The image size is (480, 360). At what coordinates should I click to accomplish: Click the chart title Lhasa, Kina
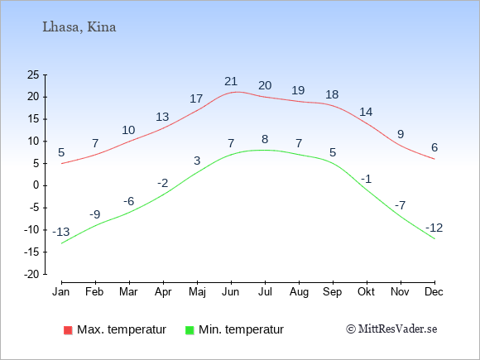(79, 27)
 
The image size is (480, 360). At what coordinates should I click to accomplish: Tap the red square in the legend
(68, 330)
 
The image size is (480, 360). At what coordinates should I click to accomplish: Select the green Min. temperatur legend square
(190, 330)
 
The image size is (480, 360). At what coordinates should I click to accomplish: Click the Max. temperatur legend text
(122, 329)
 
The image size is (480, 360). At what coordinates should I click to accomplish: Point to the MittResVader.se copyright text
(391, 329)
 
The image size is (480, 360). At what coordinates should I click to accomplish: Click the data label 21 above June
(231, 81)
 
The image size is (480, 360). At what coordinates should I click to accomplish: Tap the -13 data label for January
(61, 232)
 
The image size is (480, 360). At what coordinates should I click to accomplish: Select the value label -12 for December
(434, 228)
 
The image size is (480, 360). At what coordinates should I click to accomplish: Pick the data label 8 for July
(265, 139)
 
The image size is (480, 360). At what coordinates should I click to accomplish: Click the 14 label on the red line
(366, 112)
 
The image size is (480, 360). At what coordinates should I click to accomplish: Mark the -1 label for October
(366, 179)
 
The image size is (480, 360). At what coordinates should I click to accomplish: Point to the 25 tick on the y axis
(33, 74)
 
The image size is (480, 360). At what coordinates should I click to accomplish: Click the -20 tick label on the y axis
(31, 274)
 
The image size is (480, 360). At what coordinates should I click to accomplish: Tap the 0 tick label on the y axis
(36, 185)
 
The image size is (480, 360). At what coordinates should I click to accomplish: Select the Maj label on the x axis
(197, 292)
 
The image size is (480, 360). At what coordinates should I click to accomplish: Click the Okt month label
(366, 292)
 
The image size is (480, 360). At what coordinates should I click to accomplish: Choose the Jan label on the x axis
(61, 292)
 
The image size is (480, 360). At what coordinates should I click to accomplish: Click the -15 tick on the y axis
(31, 252)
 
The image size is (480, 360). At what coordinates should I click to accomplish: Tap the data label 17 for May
(196, 98)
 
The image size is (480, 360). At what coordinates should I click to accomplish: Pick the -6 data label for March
(128, 201)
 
